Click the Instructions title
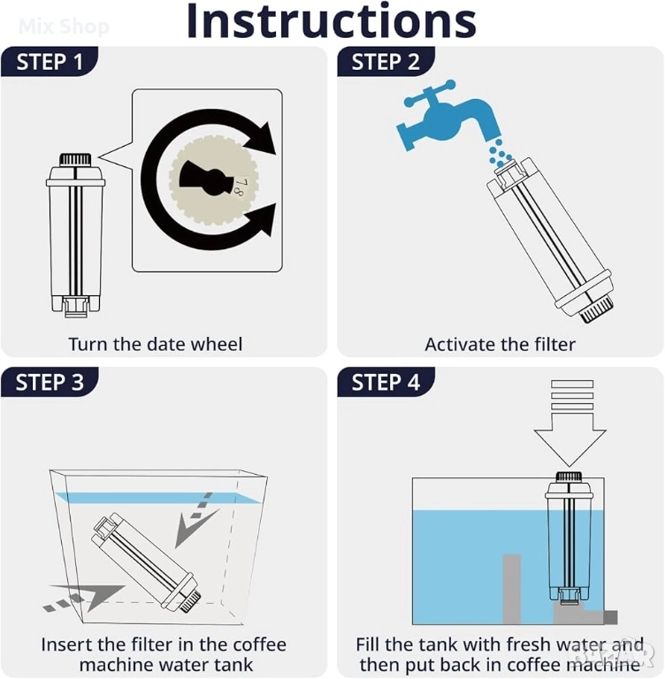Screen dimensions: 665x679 tap(332, 21)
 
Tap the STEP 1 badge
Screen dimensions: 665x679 tap(50, 62)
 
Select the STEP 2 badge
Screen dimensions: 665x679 tap(386, 62)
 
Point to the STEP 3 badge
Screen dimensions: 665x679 tap(50, 382)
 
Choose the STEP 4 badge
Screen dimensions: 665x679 tap(386, 382)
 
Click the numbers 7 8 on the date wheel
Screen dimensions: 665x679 tap(240, 187)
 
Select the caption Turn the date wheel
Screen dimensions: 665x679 tap(155, 344)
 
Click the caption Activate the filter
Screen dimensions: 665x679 tap(500, 345)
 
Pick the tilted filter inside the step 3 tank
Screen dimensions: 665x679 tap(147, 562)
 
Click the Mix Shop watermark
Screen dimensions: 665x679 tap(65, 27)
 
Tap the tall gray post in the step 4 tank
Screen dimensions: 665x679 tap(512, 590)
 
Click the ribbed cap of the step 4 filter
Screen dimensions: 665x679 tap(569, 477)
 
